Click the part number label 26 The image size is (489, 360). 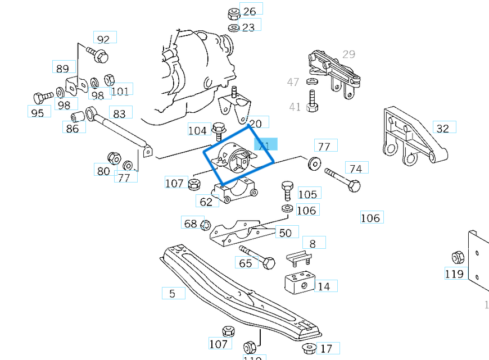pos(250,11)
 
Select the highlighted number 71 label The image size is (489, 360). pos(265,146)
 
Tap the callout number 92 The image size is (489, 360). pos(104,39)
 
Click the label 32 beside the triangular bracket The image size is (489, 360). pos(443,129)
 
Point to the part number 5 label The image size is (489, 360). pos(173,293)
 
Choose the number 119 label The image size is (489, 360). pos(454,274)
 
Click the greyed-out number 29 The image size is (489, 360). pos(349,54)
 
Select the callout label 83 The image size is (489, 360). pos(120,113)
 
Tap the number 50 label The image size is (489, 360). pos(286,233)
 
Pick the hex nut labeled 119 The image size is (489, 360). pos(457,258)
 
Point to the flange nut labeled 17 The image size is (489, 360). pos(308,348)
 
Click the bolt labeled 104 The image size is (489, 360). pos(219,130)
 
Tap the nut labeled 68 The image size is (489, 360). pos(205,225)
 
